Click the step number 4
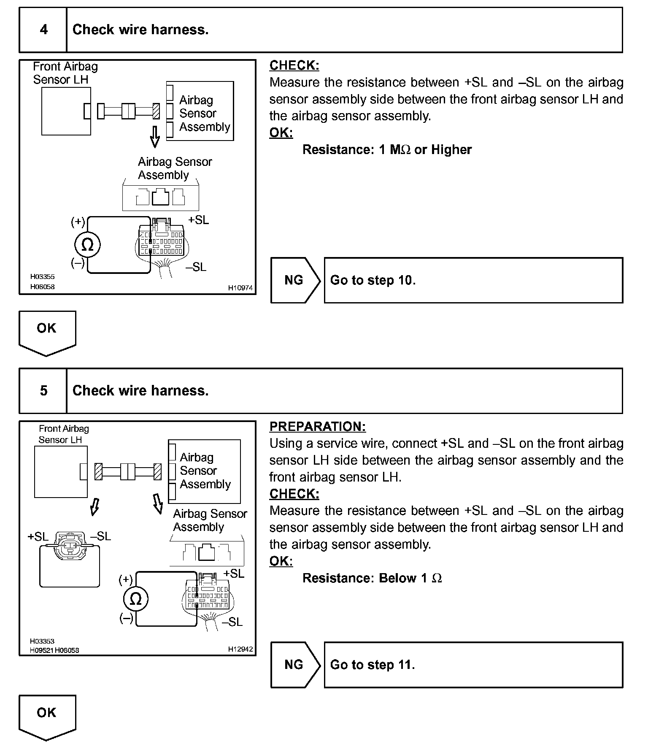pos(43,30)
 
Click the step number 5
pos(43,390)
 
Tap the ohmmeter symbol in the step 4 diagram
pos(87,245)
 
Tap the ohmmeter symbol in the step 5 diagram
pos(135,599)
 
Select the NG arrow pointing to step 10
pos(295,280)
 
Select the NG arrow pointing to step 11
pos(295,665)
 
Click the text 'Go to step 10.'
pos(373,280)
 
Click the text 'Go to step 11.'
pos(373,665)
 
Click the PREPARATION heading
pos(317,427)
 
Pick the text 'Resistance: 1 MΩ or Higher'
pos(387,150)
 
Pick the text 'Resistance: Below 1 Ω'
pos(372,578)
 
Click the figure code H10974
pos(240,288)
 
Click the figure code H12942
pos(240,649)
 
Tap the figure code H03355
pos(42,277)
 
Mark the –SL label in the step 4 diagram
pos(196,267)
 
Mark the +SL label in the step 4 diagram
pos(198,220)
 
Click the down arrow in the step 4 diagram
pos(155,136)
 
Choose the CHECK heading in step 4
pos(294,65)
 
